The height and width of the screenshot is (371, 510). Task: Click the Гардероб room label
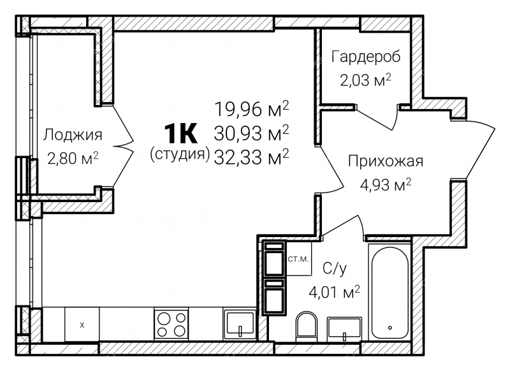pyautogui.click(x=365, y=57)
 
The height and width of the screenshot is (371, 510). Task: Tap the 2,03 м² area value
pyautogui.click(x=365, y=80)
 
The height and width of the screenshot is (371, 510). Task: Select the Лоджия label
pyautogui.click(x=73, y=135)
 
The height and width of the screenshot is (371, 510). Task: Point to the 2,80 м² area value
pyautogui.click(x=73, y=158)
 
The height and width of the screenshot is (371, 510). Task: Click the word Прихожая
pyautogui.click(x=386, y=161)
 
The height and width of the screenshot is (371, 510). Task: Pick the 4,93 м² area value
pyautogui.click(x=386, y=185)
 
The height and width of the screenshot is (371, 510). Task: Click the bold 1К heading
pyautogui.click(x=180, y=133)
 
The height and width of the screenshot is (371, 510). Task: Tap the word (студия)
pyautogui.click(x=180, y=154)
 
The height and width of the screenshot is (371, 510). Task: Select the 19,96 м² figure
pyautogui.click(x=252, y=109)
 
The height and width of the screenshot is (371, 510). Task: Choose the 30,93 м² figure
pyautogui.click(x=252, y=133)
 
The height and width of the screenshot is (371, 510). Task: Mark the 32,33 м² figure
pyautogui.click(x=252, y=157)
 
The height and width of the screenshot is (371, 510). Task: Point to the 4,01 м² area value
pyautogui.click(x=334, y=292)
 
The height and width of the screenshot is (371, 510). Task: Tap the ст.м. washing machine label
pyautogui.click(x=298, y=259)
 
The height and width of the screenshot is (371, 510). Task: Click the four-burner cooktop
pyautogui.click(x=171, y=324)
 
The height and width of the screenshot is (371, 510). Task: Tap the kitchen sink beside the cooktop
pyautogui.click(x=240, y=324)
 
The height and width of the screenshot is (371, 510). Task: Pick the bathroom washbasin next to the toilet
pyautogui.click(x=344, y=329)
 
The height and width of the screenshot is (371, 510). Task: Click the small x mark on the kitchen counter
pyautogui.click(x=82, y=324)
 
